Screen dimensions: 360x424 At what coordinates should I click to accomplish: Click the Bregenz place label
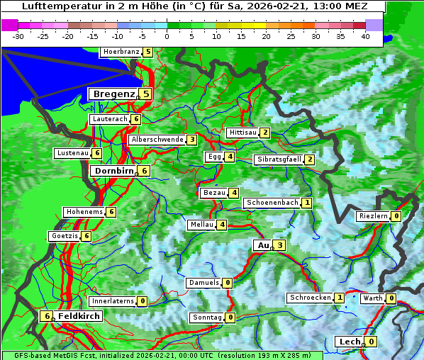(x=113, y=94)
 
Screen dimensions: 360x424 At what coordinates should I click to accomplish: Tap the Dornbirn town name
(x=113, y=171)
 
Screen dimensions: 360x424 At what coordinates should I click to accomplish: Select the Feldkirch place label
(x=79, y=316)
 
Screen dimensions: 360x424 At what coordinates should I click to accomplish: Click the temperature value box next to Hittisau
(x=265, y=133)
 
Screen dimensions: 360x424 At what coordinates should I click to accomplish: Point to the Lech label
(x=350, y=342)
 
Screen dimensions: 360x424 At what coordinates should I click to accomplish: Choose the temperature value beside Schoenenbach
(x=307, y=203)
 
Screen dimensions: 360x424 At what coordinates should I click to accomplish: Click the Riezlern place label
(x=373, y=216)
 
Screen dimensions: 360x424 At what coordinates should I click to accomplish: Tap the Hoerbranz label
(x=121, y=52)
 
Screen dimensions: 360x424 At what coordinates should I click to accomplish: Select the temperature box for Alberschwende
(x=192, y=140)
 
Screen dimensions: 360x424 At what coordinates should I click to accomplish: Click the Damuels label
(x=203, y=283)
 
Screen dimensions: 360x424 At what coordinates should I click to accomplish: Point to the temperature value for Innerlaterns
(x=143, y=301)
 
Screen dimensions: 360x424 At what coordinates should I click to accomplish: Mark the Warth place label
(x=372, y=298)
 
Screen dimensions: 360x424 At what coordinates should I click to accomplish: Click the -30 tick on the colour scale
(x=18, y=35)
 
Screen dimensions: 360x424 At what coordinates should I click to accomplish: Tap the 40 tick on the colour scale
(x=365, y=35)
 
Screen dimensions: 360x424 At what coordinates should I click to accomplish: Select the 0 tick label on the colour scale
(x=167, y=35)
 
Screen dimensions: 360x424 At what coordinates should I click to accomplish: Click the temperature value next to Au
(x=280, y=245)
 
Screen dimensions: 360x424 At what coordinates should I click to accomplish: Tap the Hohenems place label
(x=84, y=212)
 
